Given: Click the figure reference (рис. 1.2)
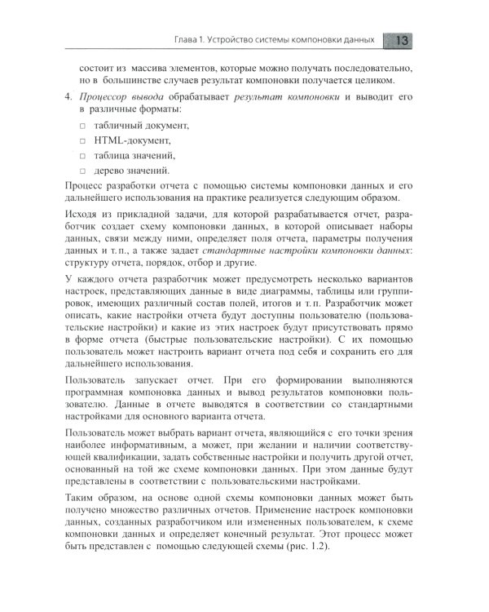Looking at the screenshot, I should (x=322, y=561).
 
